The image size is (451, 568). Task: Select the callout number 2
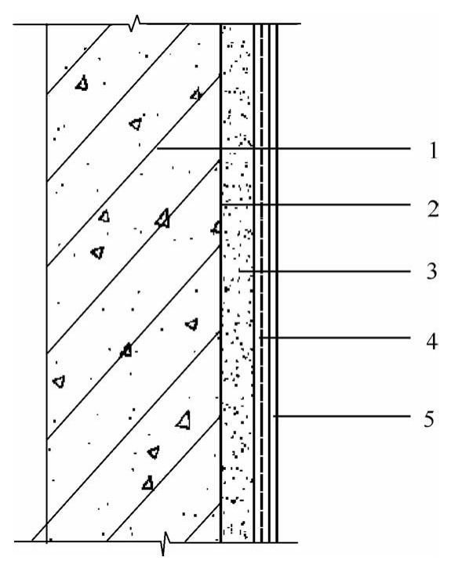(x=432, y=208)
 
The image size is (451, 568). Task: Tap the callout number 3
(x=432, y=271)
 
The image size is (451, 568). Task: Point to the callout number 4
(x=432, y=341)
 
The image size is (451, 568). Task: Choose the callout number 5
(x=430, y=419)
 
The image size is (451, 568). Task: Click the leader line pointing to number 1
(x=283, y=149)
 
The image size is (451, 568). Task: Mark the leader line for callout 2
(x=315, y=204)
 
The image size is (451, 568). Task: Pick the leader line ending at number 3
(x=325, y=271)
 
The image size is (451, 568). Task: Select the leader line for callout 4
(x=335, y=338)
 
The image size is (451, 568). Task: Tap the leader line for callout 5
(x=342, y=417)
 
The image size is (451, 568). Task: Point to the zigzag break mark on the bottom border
(x=165, y=543)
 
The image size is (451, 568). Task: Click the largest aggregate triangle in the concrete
(x=183, y=420)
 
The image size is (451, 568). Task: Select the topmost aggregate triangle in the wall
(x=82, y=83)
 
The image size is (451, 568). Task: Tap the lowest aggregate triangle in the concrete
(x=148, y=483)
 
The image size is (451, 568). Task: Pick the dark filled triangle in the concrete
(x=126, y=350)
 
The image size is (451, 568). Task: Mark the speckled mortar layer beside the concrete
(x=238, y=284)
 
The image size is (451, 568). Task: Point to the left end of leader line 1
(x=157, y=149)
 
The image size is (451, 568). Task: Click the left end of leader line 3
(x=239, y=271)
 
